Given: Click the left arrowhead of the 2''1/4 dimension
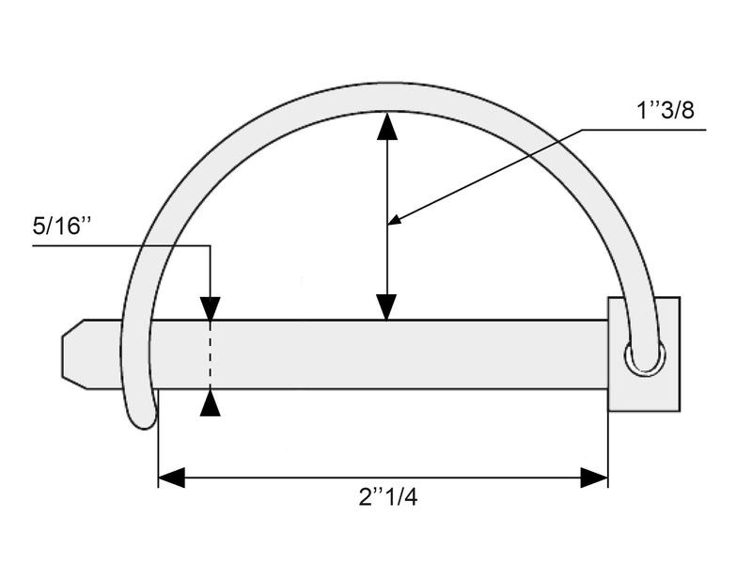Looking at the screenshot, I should coord(171,478).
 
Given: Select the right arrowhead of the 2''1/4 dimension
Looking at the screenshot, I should coord(594,478).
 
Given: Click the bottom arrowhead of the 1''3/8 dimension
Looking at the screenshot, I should coord(386,306).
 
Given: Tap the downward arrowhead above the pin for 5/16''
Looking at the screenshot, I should coord(211,308).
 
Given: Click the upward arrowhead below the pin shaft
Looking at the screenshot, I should coord(211,403).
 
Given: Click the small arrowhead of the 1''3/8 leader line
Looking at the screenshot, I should coord(395,221).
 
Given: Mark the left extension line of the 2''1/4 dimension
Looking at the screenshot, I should coord(158,442).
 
